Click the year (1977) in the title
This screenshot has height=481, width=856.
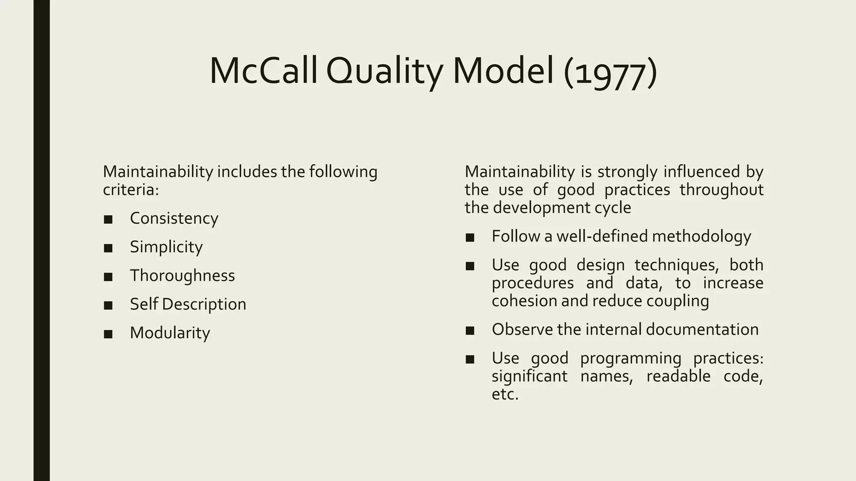point(610,72)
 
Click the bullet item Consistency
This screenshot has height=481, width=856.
point(174,218)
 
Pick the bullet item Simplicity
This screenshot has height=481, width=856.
point(166,247)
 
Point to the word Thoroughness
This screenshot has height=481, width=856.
point(182,276)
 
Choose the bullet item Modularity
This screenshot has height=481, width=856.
point(170,333)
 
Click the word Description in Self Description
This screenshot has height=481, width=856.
point(204,304)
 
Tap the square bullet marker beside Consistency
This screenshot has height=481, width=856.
point(108,219)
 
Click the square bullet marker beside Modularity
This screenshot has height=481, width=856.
point(108,334)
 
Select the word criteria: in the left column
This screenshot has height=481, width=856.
point(131,190)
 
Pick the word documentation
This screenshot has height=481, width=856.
point(702,329)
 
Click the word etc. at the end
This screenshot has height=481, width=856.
point(505,394)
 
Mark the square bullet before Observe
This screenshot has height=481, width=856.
point(470,331)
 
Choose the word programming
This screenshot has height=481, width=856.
point(630,359)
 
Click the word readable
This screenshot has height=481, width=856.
point(678,376)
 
